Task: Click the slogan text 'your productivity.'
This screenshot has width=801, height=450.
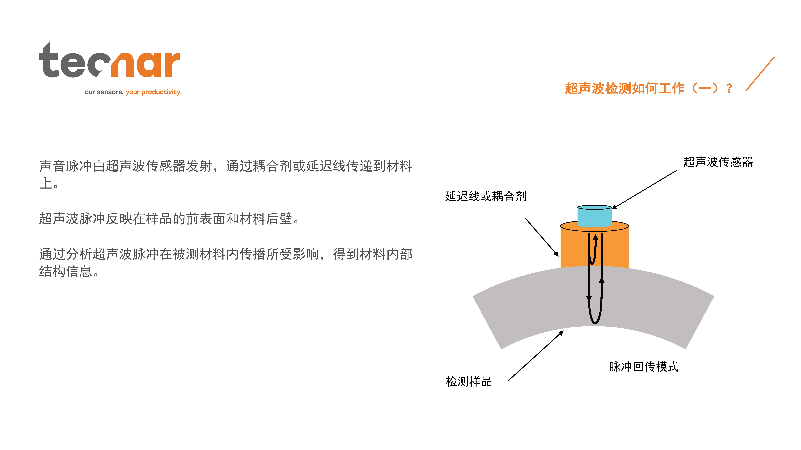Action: pos(154,92)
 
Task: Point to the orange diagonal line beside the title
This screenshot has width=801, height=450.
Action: pos(760,74)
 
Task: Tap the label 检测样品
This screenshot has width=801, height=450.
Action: pos(469,381)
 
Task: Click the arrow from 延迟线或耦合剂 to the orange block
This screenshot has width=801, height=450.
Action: pos(542,237)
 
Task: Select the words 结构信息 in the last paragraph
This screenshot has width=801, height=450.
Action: pos(66,272)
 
